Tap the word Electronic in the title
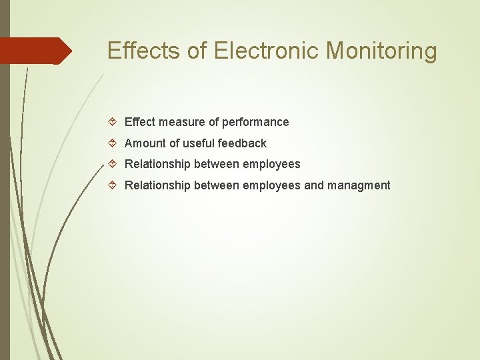pos(265,51)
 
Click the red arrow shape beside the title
pos(37,51)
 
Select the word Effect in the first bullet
pos(140,122)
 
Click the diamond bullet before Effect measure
pos(113,122)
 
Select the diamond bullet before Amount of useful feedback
pos(113,143)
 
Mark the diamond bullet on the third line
pos(113,164)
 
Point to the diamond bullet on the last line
pos(113,185)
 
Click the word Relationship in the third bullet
pos(157,164)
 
